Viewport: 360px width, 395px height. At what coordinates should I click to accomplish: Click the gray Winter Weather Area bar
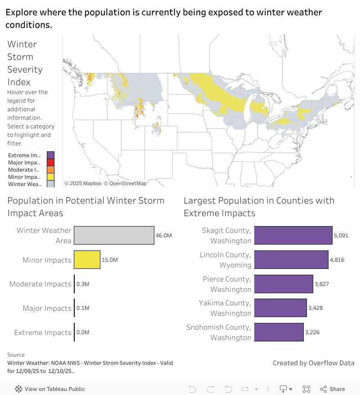click(x=114, y=235)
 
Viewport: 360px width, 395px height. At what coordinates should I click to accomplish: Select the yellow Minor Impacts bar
click(x=87, y=260)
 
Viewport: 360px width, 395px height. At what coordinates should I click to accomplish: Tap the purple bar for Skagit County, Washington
click(x=293, y=235)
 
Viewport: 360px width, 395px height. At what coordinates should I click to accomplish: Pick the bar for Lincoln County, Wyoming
click(x=291, y=259)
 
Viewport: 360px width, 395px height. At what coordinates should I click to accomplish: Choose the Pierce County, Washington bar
click(x=283, y=284)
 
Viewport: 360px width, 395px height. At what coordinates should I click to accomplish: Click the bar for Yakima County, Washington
click(x=280, y=308)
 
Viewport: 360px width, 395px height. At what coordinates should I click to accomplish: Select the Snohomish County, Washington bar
click(x=279, y=332)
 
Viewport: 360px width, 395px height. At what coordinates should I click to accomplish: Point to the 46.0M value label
click(x=164, y=236)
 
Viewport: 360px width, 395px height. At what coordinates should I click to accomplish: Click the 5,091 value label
click(x=341, y=236)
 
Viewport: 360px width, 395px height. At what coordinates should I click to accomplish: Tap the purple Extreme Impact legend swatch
click(x=50, y=155)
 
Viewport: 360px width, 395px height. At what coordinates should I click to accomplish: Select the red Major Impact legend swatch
click(x=50, y=163)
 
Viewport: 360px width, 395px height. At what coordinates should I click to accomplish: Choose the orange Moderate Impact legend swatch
click(x=50, y=170)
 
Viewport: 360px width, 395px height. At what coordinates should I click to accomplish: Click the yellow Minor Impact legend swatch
click(x=50, y=177)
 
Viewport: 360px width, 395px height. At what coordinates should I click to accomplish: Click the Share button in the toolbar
click(x=333, y=389)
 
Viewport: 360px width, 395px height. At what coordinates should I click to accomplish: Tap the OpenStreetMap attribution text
click(x=125, y=183)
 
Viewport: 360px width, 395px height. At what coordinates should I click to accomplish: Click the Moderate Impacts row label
click(x=40, y=284)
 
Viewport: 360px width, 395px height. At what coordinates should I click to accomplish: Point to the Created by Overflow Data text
click(x=313, y=363)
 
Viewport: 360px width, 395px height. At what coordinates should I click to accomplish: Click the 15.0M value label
click(x=110, y=260)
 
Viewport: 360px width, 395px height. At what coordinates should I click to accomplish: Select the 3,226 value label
click(x=314, y=332)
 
